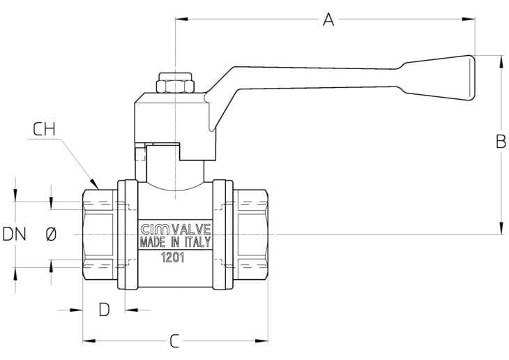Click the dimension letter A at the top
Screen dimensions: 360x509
pos(328,20)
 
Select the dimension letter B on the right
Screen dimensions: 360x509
pos(501,142)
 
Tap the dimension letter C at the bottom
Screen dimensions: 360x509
pos(175,341)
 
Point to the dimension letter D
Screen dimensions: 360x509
pos(104,310)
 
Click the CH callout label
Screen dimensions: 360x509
pos(44,129)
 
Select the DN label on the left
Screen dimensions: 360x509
pos(14,234)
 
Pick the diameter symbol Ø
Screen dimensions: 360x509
pos(50,235)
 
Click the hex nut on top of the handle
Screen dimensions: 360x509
pos(175,84)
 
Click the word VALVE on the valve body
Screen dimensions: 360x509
pos(190,230)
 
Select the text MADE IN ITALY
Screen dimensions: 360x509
pos(175,243)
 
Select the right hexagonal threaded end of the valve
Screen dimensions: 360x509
pos(250,235)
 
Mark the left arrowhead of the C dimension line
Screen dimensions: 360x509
pos(87,341)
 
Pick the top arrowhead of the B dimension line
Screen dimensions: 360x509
pos(501,59)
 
